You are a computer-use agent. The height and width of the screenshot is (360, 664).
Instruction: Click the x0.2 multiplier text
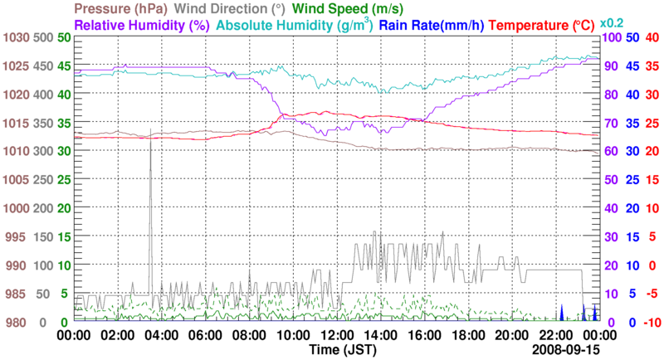(613, 23)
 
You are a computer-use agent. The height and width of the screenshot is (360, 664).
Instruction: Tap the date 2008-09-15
(564, 350)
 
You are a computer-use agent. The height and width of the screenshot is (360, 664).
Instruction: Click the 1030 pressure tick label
(16, 38)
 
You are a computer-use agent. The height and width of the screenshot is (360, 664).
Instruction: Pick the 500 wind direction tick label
(43, 38)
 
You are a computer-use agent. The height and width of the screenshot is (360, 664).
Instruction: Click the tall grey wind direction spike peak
(150, 139)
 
